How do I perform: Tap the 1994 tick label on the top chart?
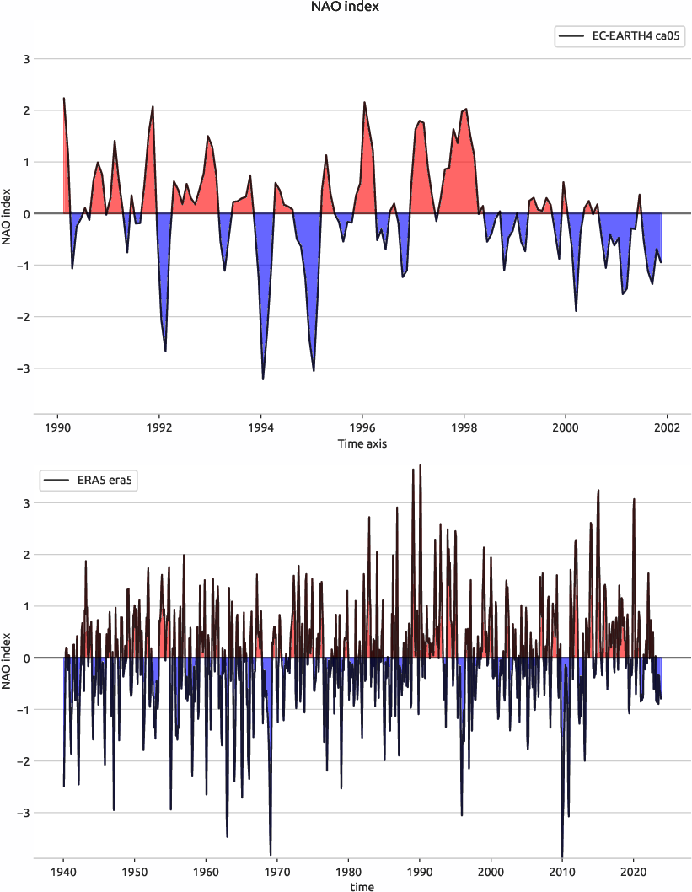coord(261,427)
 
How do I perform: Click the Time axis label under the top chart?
coord(362,443)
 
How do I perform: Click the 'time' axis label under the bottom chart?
coord(362,886)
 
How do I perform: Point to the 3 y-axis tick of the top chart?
coord(26,59)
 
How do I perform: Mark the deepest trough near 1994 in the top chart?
coord(263,379)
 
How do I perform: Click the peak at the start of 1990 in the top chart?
coord(64,99)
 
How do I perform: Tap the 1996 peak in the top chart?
coord(364,103)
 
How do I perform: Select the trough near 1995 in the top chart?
coord(314,370)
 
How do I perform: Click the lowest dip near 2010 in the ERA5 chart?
coord(562,855)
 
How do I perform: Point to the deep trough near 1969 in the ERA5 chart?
coord(271,854)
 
